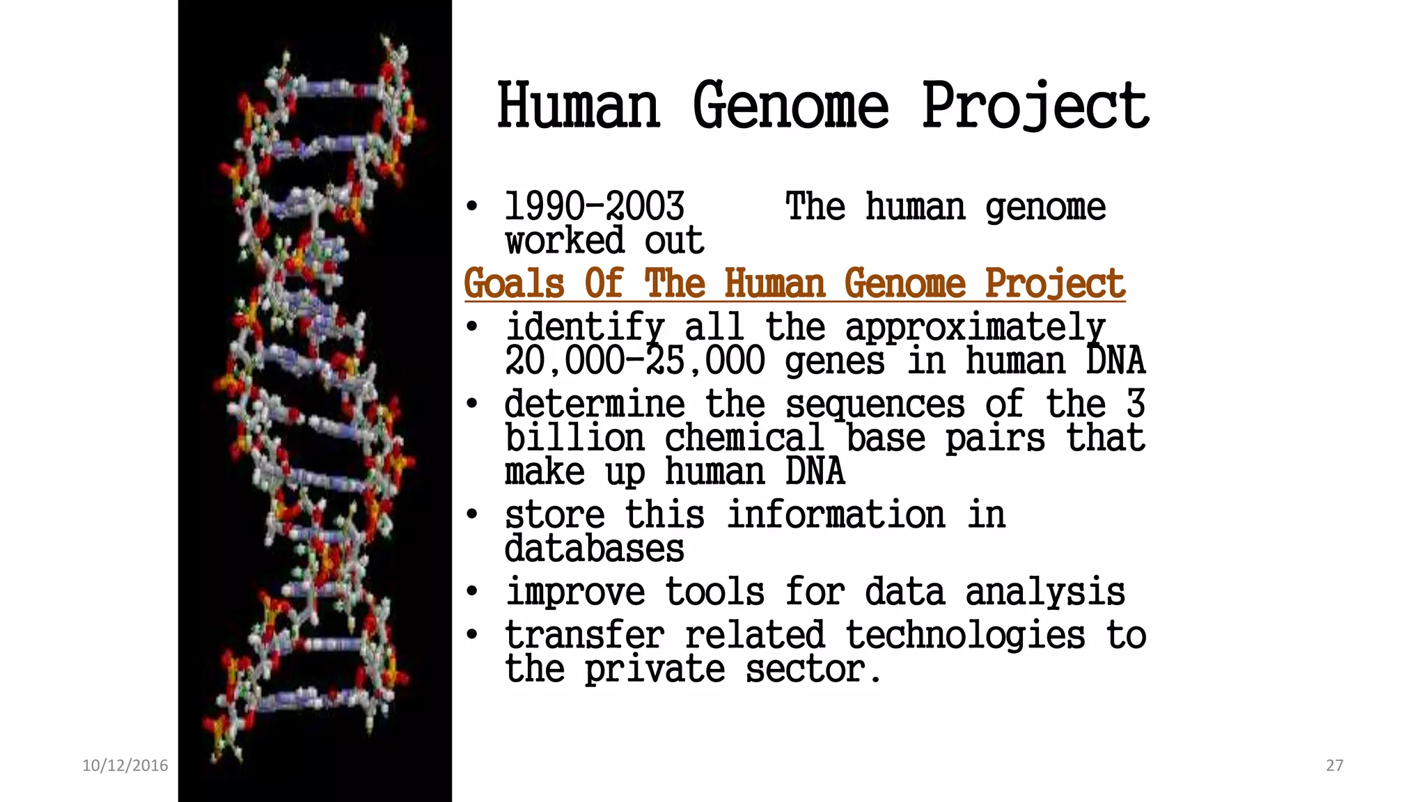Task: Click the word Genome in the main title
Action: click(790, 106)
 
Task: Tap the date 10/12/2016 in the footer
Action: click(125, 765)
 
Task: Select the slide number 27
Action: click(1334, 765)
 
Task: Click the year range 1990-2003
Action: click(594, 207)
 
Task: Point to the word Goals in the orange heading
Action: click(514, 283)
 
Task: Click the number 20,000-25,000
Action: click(635, 361)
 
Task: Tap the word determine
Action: click(595, 404)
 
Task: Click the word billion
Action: click(575, 439)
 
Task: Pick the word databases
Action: click(594, 549)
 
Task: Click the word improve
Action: click(575, 592)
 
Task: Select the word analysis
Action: click(1044, 592)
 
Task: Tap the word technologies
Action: click(965, 636)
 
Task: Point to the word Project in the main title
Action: click(1035, 106)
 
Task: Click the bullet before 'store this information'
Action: click(472, 515)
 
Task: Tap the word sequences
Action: click(875, 404)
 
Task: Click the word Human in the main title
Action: click(578, 106)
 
